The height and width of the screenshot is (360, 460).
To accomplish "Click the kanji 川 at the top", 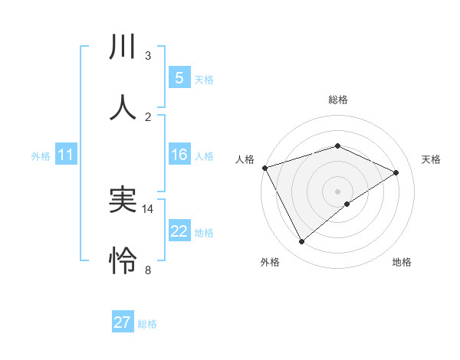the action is (x=123, y=47).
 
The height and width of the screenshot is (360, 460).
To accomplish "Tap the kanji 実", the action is (x=123, y=201).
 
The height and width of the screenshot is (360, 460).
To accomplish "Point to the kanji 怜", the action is (x=123, y=261).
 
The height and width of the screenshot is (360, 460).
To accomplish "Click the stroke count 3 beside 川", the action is (x=148, y=56).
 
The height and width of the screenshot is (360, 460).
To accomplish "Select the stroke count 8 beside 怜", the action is (x=148, y=270).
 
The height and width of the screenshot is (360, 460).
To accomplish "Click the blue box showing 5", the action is (x=179, y=77).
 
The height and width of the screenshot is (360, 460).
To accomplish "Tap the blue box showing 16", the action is (x=179, y=155).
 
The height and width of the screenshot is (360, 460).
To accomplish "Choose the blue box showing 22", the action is (x=179, y=231).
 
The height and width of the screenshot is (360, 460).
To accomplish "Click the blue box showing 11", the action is (x=66, y=155).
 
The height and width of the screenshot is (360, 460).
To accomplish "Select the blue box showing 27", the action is (x=122, y=322).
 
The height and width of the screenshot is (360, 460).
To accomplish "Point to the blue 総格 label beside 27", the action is (x=147, y=324).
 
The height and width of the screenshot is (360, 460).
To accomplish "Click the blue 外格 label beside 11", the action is (x=41, y=156).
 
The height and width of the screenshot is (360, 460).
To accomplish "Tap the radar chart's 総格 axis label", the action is (x=337, y=100).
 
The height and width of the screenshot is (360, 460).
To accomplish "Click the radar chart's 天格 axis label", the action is (x=432, y=159).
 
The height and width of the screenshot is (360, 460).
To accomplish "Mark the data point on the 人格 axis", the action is (x=264, y=168).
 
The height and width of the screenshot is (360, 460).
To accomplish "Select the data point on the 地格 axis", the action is (x=347, y=204).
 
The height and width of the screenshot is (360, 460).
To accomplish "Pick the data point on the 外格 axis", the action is (x=301, y=242).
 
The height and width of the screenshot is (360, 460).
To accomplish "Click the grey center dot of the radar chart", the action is (x=337, y=191).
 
